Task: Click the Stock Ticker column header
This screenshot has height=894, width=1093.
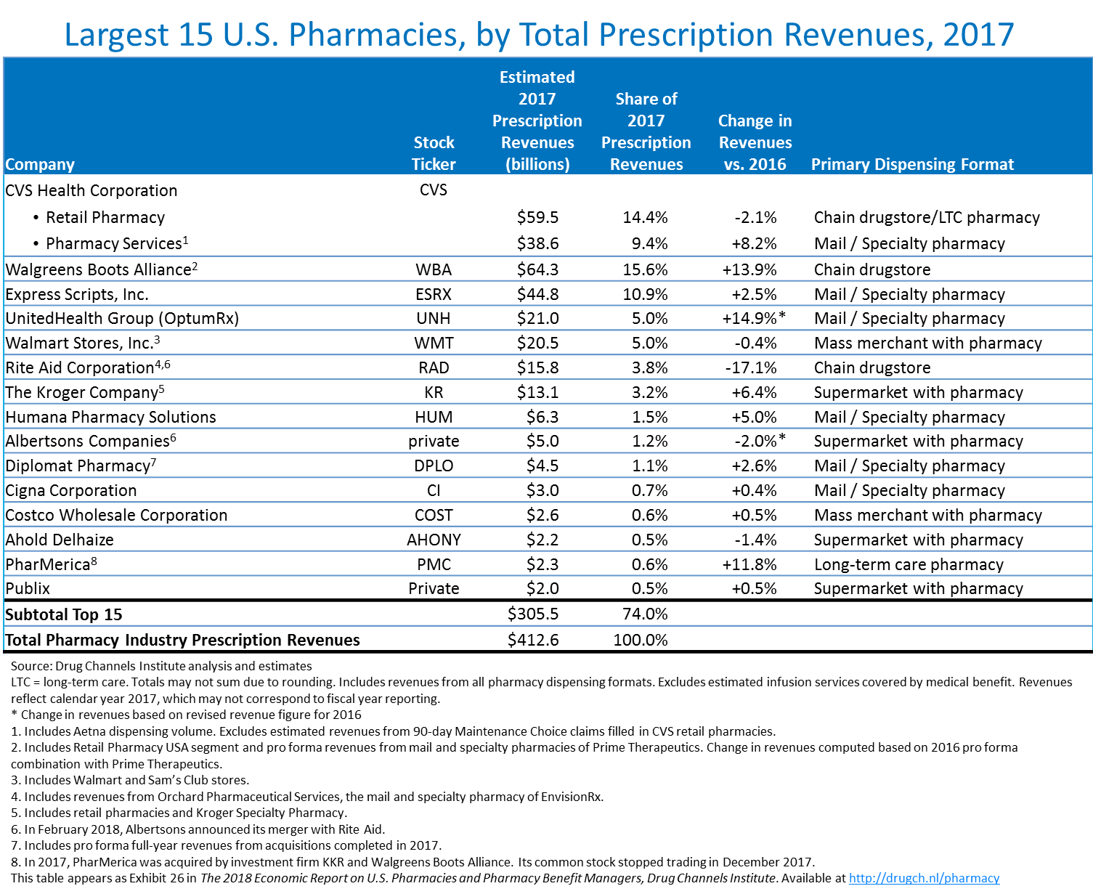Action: (x=434, y=153)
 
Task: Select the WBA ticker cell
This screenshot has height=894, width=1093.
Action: (x=434, y=269)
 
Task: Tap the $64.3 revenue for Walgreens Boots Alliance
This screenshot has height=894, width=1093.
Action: (x=537, y=269)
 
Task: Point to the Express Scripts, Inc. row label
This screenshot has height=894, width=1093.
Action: (x=77, y=294)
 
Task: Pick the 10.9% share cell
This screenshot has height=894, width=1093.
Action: (x=645, y=294)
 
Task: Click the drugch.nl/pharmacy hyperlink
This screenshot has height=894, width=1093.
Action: (x=924, y=878)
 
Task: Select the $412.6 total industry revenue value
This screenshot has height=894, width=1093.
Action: (x=533, y=640)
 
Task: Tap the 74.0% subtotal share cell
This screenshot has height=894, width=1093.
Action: (x=645, y=614)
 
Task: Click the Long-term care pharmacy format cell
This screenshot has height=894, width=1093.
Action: (x=909, y=564)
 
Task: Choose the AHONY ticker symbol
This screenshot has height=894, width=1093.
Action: (x=434, y=540)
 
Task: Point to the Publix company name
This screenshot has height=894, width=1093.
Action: (x=28, y=588)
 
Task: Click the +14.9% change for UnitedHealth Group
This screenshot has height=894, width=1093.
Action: (x=749, y=318)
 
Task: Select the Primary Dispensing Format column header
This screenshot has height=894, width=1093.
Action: (x=912, y=164)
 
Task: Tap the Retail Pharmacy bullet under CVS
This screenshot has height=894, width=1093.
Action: (x=105, y=217)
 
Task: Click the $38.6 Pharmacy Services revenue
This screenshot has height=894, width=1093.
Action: (x=537, y=243)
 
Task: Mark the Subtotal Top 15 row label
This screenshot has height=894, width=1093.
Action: (x=64, y=614)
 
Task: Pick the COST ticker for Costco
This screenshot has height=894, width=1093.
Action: (x=434, y=515)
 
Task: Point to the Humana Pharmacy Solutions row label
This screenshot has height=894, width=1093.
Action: (x=110, y=417)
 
